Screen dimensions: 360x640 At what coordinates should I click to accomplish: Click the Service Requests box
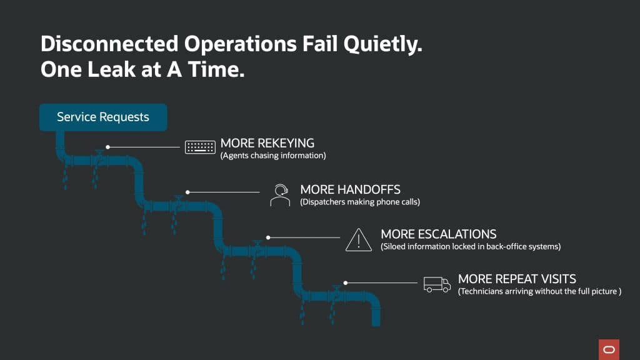click(x=103, y=117)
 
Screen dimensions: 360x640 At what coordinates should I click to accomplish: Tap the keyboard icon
click(x=200, y=147)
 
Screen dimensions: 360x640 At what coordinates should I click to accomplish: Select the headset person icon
click(x=280, y=194)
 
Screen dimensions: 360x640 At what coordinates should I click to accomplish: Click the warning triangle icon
click(x=358, y=239)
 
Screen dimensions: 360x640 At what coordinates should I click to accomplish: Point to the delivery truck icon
click(x=437, y=284)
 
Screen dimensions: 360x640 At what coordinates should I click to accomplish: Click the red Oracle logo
click(x=608, y=349)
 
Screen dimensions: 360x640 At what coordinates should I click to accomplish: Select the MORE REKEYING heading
click(x=267, y=143)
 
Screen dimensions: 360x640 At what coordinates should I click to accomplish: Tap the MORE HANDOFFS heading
click(x=350, y=189)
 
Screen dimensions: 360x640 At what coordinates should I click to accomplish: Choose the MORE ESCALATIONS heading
click(x=438, y=234)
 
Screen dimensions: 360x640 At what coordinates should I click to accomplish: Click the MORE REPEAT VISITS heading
click(x=517, y=279)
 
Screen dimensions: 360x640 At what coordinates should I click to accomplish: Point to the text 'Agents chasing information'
click(x=273, y=156)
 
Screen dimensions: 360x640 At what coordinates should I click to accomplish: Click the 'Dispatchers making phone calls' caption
click(x=359, y=202)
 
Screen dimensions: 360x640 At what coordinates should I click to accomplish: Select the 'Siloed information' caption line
click(x=471, y=246)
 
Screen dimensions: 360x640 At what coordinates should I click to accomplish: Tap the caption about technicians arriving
click(x=539, y=291)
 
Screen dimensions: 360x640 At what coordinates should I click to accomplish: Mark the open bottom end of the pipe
click(x=376, y=322)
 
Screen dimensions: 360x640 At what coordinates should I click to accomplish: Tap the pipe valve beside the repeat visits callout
click(x=336, y=290)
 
